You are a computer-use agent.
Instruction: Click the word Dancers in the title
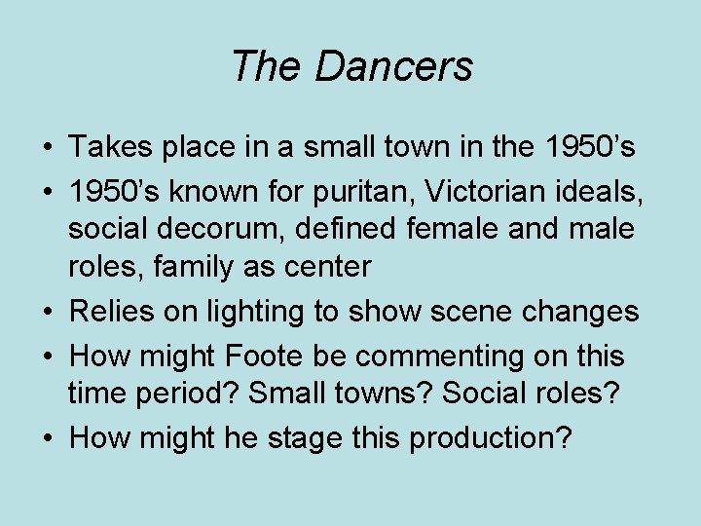[394, 66]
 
